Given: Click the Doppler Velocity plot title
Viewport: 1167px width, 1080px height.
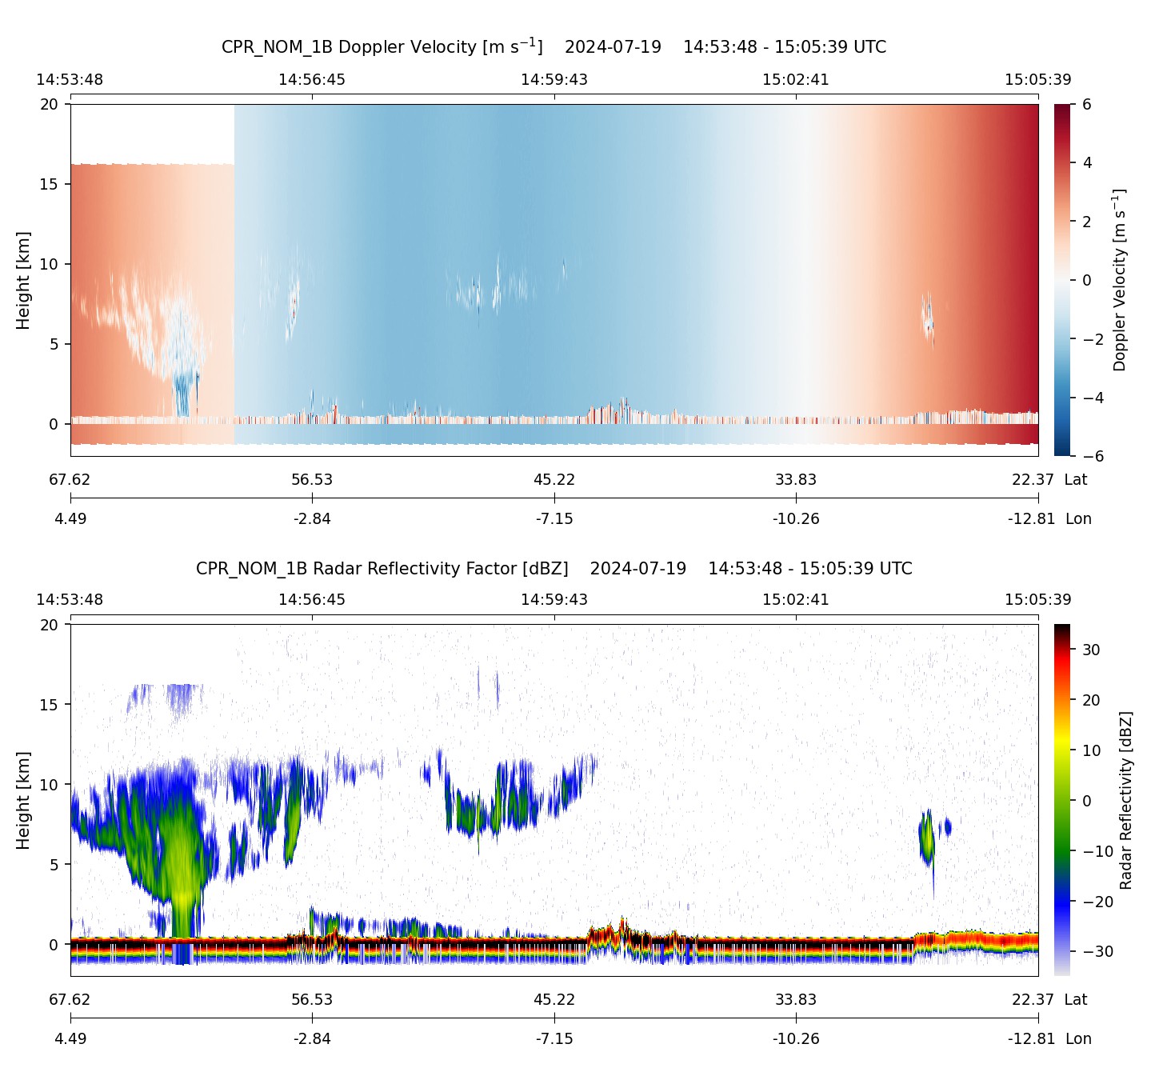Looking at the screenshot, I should [x=554, y=46].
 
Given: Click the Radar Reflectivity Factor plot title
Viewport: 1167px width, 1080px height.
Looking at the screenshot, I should [x=554, y=569].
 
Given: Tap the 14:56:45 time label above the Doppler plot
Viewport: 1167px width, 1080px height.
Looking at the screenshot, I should [x=312, y=80].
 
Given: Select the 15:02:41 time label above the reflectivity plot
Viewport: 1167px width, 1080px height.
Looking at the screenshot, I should [x=796, y=600].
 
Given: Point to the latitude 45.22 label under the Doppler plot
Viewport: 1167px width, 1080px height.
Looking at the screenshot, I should [x=554, y=480].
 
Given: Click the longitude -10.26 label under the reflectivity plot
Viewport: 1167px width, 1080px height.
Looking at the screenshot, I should [x=796, y=1038].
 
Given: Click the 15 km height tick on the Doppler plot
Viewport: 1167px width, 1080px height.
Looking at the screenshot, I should [x=50, y=184].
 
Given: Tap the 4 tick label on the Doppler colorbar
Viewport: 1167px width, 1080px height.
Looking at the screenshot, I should [x=1087, y=163].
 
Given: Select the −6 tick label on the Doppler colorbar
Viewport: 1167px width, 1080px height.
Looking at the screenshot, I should [x=1092, y=456].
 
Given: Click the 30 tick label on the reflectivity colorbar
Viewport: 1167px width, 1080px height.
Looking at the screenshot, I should [x=1091, y=650].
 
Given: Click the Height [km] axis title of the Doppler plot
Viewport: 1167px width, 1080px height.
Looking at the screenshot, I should [x=23, y=280].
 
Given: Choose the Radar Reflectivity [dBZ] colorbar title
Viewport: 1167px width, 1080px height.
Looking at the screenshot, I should [x=1126, y=800].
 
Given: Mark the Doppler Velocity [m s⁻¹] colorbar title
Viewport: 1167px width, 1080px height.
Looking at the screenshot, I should [x=1120, y=280].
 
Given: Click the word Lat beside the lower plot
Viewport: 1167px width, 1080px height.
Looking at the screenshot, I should [x=1076, y=1000].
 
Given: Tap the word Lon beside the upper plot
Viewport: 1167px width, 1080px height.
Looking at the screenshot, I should [x=1078, y=519].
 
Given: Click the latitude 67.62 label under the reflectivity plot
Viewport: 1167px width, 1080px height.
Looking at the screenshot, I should [x=70, y=1000].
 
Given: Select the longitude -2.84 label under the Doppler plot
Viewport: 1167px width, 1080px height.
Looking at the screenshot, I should [x=312, y=519].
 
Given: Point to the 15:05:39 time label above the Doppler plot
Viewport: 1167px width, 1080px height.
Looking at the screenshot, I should [x=1037, y=80].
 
